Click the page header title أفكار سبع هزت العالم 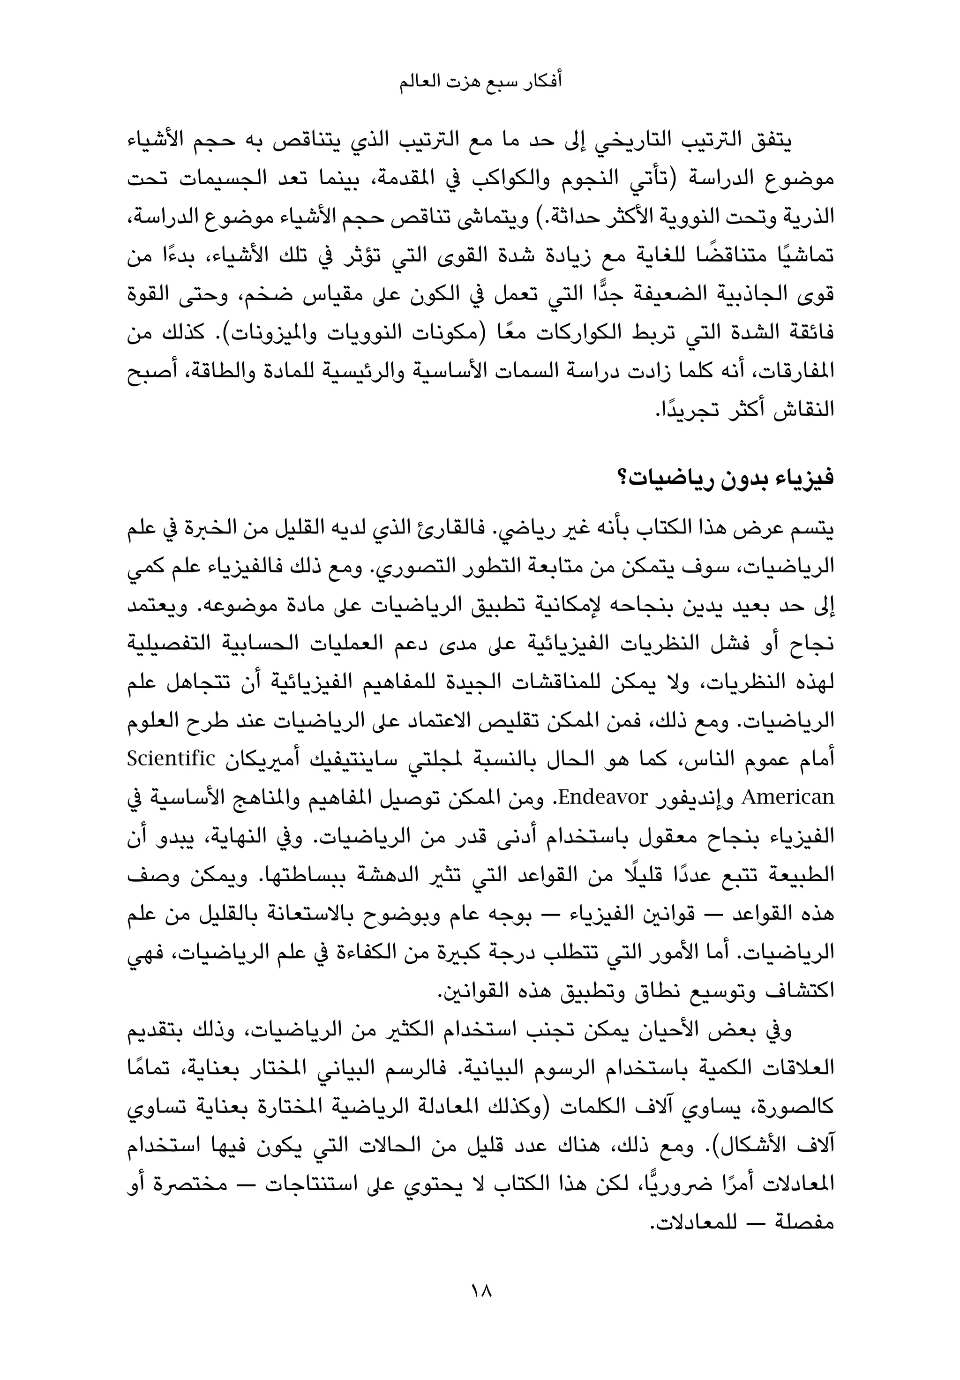point(480,82)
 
